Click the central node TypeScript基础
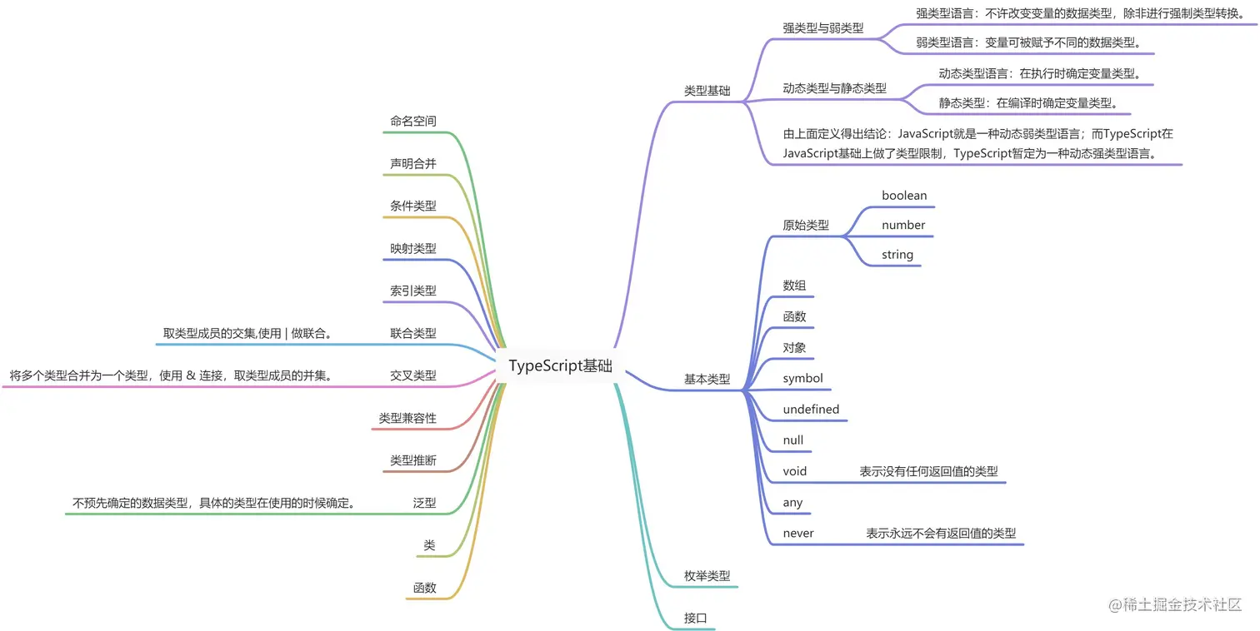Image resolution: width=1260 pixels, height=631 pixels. tap(560, 366)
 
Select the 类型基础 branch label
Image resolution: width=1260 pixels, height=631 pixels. tap(707, 91)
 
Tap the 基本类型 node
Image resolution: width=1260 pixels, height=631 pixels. tap(707, 379)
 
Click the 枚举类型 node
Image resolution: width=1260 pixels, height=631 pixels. tap(707, 575)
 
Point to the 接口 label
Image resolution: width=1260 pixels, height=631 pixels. tap(696, 618)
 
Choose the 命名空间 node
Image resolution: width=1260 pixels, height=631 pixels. tap(412, 121)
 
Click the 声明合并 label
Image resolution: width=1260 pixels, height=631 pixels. tap(412, 163)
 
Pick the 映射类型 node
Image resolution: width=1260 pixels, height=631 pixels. tap(412, 248)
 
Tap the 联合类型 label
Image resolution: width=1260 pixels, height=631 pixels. tap(412, 333)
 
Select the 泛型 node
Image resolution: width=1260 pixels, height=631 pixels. tap(424, 503)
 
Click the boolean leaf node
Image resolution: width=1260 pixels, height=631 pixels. tap(904, 196)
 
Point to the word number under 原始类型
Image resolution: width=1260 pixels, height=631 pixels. tap(903, 225)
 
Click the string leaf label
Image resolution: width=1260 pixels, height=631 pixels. tap(897, 255)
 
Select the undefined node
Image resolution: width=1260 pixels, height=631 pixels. tap(811, 409)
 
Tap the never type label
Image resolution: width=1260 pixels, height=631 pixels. tap(798, 533)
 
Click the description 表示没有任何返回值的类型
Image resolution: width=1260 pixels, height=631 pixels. tap(928, 471)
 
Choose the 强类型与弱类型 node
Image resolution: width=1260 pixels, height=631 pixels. tap(822, 27)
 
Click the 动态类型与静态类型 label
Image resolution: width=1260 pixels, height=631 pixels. tap(834, 87)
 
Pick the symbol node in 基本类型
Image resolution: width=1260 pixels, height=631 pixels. tap(802, 378)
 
